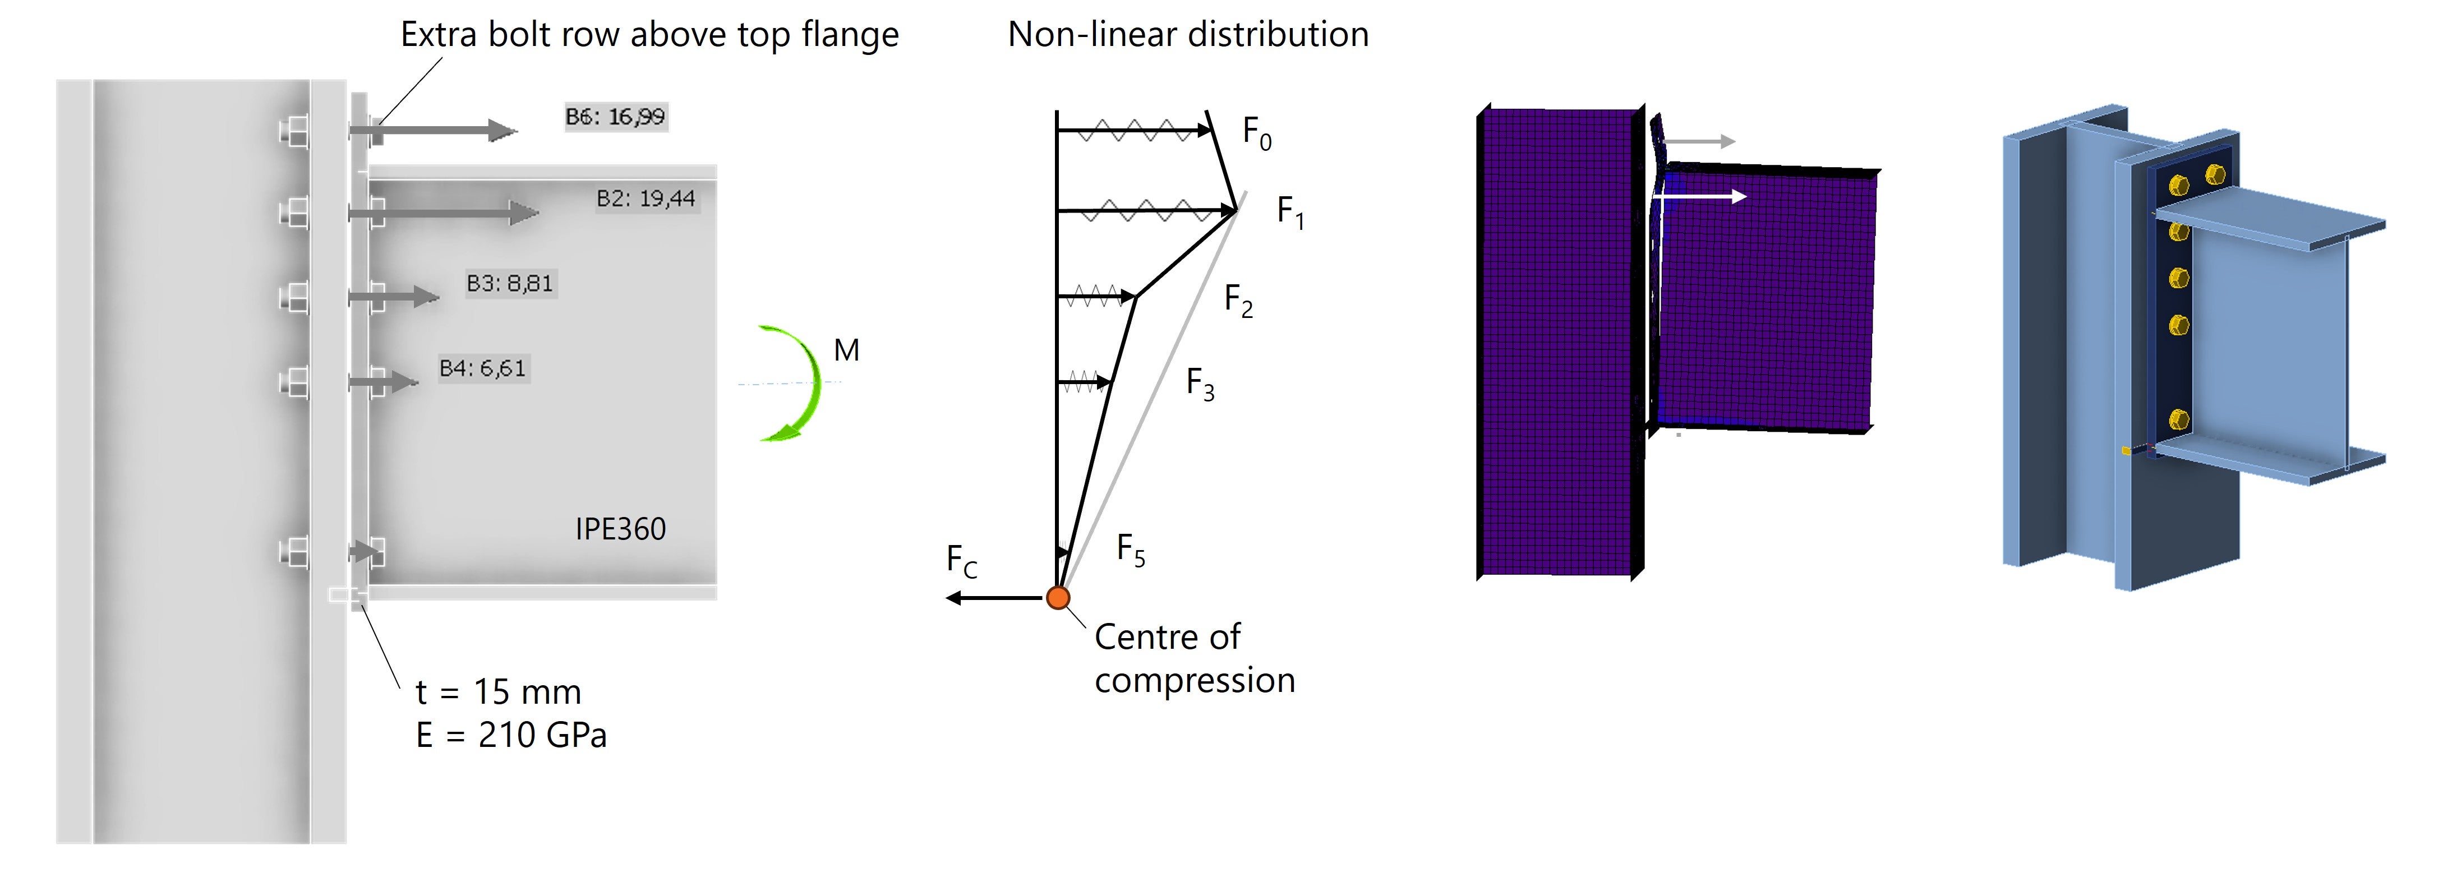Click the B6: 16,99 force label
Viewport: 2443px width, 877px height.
[x=615, y=117]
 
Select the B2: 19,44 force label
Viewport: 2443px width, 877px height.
[x=646, y=198]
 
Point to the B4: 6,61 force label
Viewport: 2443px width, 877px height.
[x=482, y=368]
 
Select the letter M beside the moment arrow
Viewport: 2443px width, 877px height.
[x=846, y=351]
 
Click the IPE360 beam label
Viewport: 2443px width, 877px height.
[x=620, y=529]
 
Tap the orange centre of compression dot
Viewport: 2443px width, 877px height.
[x=1058, y=597]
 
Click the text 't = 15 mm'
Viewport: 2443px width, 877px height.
[x=498, y=692]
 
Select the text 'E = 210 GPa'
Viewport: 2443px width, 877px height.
[x=511, y=735]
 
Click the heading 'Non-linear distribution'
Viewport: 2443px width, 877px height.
[x=1187, y=34]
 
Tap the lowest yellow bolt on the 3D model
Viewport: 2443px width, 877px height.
[x=2178, y=418]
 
